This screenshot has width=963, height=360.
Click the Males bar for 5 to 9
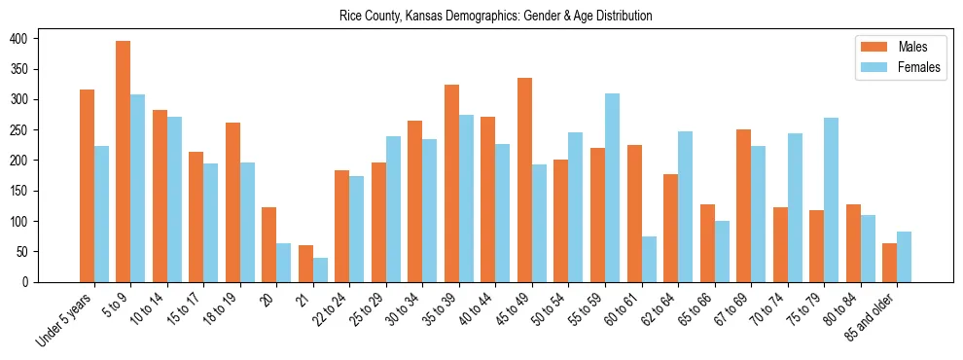124,162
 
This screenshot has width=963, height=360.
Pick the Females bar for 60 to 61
649,259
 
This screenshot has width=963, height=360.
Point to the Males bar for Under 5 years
87,186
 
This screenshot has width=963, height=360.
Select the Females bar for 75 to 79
831,199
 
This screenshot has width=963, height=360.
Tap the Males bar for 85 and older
889,263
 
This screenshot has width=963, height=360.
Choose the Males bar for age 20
269,244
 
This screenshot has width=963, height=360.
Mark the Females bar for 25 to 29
393,209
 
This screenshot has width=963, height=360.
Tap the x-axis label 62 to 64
659,307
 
